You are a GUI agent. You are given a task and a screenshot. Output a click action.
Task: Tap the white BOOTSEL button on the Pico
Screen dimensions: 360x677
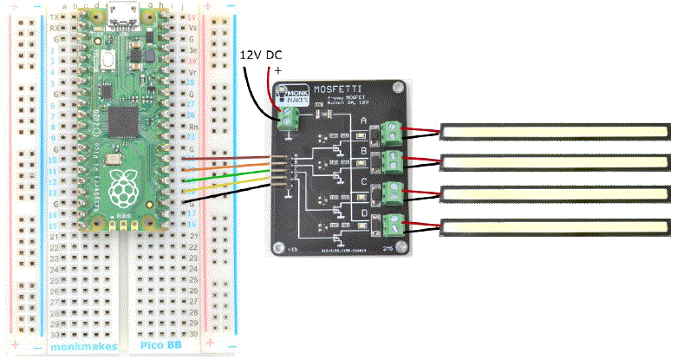tap(107, 61)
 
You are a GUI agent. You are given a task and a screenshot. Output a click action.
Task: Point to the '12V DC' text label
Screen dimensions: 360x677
tap(261, 56)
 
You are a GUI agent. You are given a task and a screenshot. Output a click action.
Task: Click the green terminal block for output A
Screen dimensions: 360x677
tap(393, 132)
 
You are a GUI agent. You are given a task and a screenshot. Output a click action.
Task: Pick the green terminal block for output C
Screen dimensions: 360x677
tap(393, 193)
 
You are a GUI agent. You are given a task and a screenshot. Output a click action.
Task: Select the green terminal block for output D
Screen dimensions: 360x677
tap(393, 225)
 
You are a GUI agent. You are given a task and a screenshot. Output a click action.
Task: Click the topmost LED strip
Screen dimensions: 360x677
tap(556, 131)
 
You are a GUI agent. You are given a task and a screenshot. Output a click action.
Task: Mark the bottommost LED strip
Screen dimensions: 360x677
tap(556, 227)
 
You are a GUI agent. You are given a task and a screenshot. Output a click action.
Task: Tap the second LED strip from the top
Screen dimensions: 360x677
tap(556, 162)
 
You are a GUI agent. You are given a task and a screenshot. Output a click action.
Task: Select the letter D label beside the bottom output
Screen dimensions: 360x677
tap(363, 213)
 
